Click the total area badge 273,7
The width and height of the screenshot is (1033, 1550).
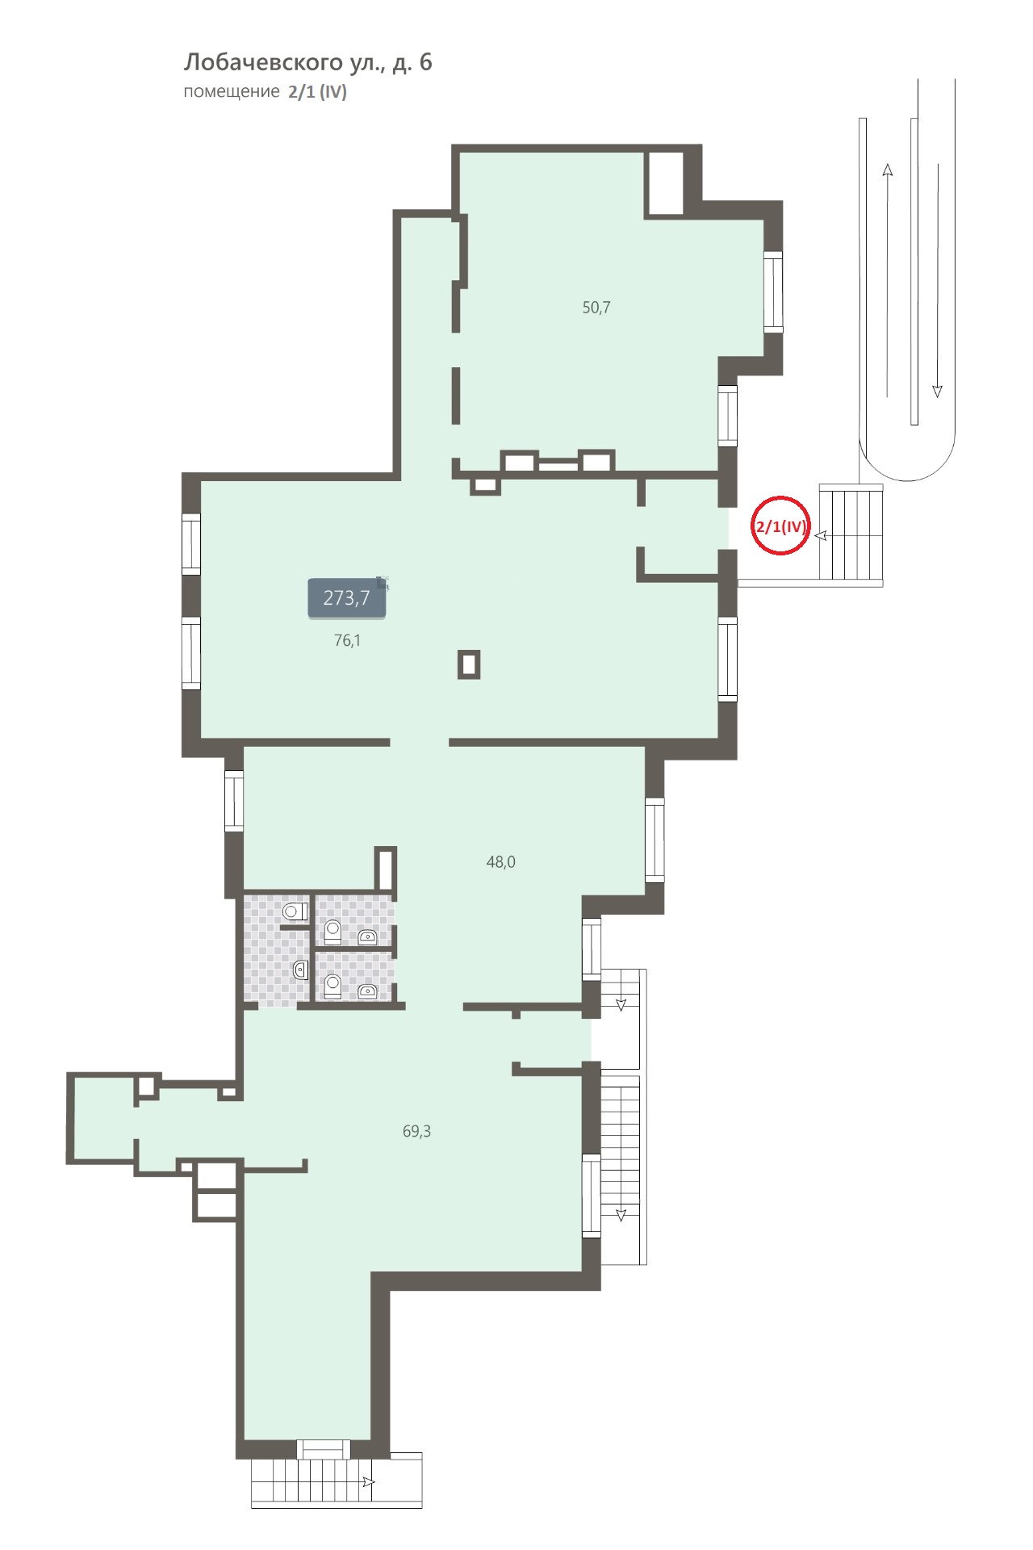[346, 598]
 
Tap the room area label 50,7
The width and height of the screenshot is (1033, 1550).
[596, 308]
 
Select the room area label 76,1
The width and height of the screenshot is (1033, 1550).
[347, 641]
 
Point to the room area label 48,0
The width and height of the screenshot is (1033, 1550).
[500, 862]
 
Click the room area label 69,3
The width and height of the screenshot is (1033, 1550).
[416, 1132]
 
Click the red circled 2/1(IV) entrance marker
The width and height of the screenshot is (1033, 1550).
[780, 525]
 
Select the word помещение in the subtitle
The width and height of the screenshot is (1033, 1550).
[231, 92]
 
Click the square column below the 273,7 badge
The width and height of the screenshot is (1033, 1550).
[469, 664]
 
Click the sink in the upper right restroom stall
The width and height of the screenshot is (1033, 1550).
[367, 937]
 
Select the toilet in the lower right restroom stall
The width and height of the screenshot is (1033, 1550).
[332, 987]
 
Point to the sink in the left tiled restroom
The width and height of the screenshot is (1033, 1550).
[301, 970]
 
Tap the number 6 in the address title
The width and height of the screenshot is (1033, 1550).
[424, 63]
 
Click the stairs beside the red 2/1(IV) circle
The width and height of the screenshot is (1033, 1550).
[851, 533]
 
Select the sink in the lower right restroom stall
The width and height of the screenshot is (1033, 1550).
[367, 991]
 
